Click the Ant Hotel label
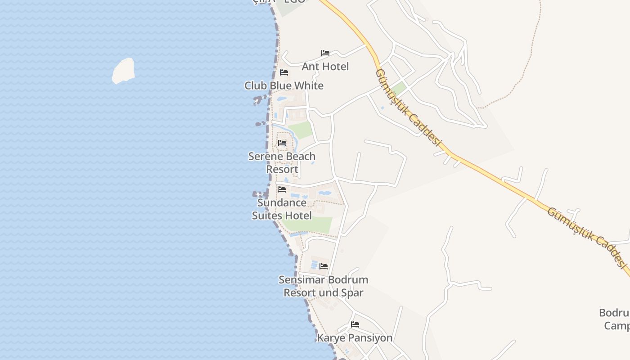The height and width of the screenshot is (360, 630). (325, 67)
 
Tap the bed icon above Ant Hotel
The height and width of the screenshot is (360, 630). (325, 53)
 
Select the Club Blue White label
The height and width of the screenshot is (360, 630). (283, 85)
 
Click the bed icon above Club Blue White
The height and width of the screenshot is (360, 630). (284, 72)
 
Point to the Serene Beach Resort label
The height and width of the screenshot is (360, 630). (282, 162)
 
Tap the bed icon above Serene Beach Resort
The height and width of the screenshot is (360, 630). (282, 143)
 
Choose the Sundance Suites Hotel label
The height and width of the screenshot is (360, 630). (282, 209)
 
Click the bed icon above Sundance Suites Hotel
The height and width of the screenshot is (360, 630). (282, 189)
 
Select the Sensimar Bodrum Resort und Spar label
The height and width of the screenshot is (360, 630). (323, 286)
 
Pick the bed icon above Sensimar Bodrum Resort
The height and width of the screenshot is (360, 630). (324, 266)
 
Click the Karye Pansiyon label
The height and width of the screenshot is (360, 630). (355, 337)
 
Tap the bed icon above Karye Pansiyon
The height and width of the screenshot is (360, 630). (355, 324)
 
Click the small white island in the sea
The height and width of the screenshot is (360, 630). (123, 71)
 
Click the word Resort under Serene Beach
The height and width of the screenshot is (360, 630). (282, 169)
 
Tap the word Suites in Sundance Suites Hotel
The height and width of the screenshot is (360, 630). (268, 216)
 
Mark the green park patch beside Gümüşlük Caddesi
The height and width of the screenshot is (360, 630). (398, 88)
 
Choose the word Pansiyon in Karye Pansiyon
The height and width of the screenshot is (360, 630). (370, 337)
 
